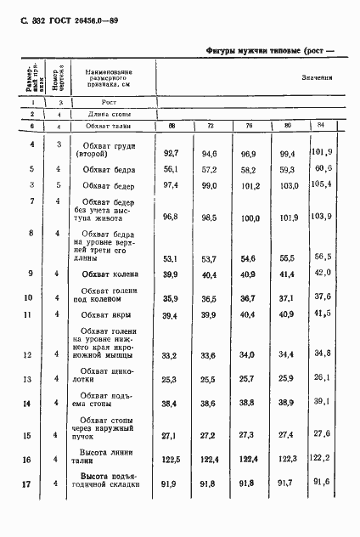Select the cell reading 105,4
tap(320, 183)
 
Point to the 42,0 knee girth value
tap(321, 273)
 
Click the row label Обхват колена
tap(110, 274)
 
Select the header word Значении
tap(316, 77)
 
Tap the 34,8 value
tap(321, 352)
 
